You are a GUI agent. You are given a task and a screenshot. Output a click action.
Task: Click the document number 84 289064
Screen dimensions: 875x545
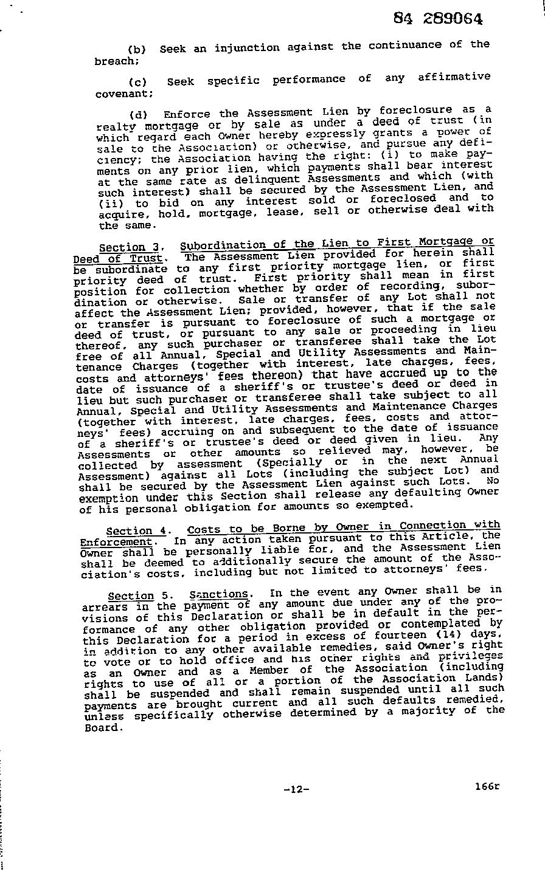[x=438, y=19]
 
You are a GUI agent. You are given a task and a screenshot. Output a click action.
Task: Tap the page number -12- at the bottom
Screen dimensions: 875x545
[x=296, y=789]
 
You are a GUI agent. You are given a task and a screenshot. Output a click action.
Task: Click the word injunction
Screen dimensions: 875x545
[x=243, y=47]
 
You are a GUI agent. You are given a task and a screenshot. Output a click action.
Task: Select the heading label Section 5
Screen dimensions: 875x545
[x=134, y=595]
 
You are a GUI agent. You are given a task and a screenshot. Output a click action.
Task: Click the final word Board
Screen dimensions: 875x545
[x=103, y=727]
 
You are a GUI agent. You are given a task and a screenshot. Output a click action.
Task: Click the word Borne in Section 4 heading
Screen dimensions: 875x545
[x=288, y=528]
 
